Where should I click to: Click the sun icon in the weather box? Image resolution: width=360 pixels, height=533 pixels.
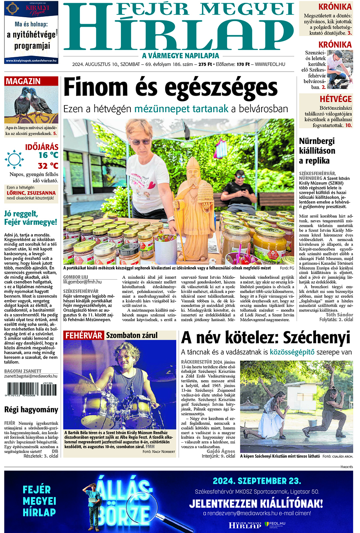click(x=14, y=159)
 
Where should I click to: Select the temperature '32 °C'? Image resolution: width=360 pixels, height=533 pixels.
click(x=48, y=166)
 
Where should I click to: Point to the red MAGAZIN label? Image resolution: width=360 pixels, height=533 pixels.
click(x=23, y=81)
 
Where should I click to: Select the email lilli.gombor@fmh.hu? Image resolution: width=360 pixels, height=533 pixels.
click(x=82, y=282)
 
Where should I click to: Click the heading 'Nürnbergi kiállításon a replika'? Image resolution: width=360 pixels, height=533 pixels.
click(x=317, y=151)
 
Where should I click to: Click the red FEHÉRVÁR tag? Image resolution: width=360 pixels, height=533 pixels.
click(x=84, y=335)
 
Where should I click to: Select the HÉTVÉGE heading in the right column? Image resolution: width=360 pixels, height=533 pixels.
click(x=335, y=99)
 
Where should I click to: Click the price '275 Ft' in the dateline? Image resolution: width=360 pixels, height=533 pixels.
click(x=205, y=64)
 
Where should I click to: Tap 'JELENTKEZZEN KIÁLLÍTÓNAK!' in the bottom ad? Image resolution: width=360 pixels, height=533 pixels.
click(x=256, y=503)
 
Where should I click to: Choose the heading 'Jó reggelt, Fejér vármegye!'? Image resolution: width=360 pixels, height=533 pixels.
click(x=31, y=218)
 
